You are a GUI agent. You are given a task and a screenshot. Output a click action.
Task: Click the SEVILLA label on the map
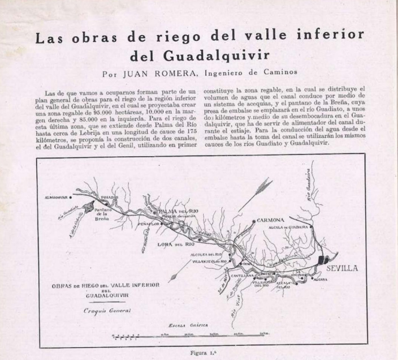342,268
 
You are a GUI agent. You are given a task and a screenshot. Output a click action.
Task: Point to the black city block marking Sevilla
321,260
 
